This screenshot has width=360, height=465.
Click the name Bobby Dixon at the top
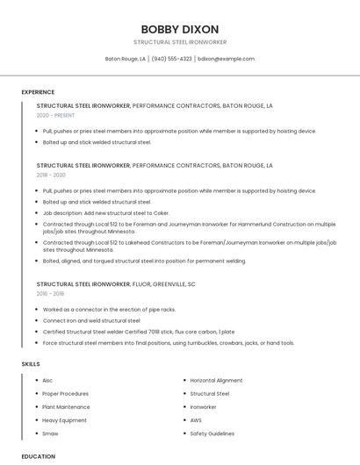[x=180, y=29]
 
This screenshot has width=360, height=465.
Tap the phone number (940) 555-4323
[x=171, y=59]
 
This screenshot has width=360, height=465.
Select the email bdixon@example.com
[x=226, y=59]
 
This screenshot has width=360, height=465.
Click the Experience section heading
[x=38, y=92]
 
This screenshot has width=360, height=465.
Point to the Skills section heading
[x=31, y=363]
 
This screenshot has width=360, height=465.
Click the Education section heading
[x=39, y=456]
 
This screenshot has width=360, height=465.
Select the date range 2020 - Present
[x=55, y=115]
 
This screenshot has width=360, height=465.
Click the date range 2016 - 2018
[x=52, y=294]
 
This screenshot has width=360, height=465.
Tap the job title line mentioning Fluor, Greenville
[x=116, y=284]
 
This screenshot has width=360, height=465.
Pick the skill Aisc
[x=47, y=381]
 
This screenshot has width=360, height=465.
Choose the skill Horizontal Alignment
[x=216, y=381]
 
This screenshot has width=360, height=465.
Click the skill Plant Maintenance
[x=66, y=407]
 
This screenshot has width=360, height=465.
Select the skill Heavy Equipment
[x=64, y=420]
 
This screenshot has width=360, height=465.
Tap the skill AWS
[x=197, y=420]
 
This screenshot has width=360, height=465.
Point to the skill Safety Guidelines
[x=212, y=433]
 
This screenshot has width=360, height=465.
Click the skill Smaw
[x=50, y=433]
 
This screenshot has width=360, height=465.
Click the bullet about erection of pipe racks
[x=109, y=310]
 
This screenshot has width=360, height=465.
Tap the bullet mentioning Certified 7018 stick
[x=138, y=332]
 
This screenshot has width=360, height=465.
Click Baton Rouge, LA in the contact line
[x=126, y=59]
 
